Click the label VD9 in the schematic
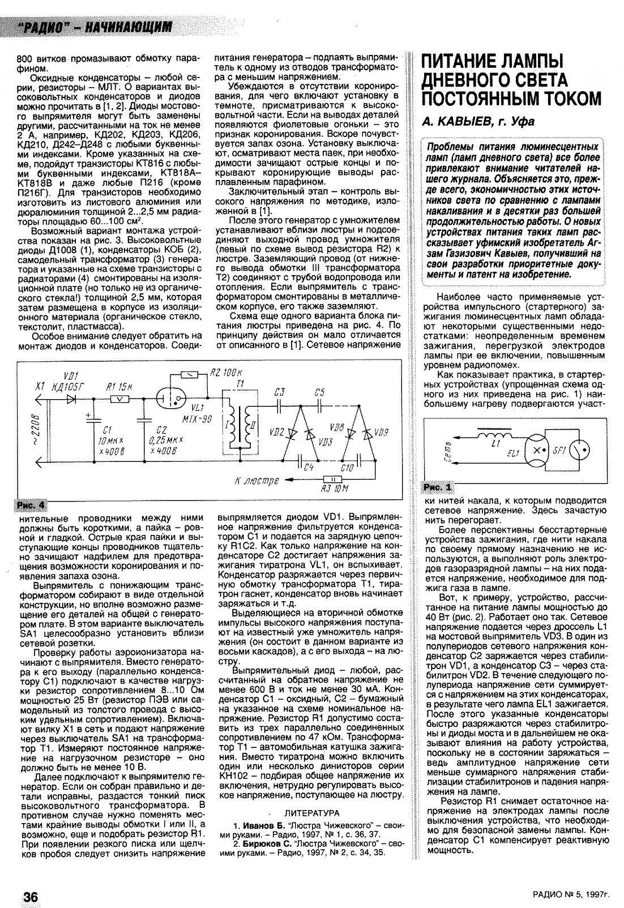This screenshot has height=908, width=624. (382, 432)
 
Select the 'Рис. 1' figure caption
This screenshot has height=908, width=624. (439, 487)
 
